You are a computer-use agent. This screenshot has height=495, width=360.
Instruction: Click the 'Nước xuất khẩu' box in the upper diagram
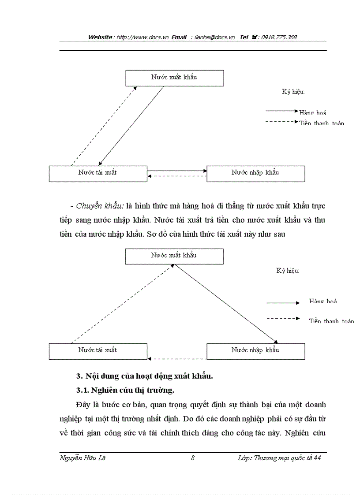click(x=174, y=78)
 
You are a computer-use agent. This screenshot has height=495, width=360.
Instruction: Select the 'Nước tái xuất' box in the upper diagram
click(x=97, y=173)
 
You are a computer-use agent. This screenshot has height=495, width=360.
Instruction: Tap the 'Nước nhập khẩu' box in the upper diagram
click(x=255, y=173)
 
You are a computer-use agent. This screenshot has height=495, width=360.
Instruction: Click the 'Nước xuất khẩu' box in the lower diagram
click(x=174, y=256)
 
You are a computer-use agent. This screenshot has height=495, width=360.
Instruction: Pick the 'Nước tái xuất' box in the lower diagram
click(x=97, y=350)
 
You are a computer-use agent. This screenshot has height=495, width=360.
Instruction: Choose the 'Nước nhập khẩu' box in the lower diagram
click(x=255, y=350)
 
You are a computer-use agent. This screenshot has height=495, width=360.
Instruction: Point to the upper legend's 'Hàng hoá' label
click(x=313, y=113)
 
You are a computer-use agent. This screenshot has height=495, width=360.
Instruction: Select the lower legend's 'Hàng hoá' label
click(x=323, y=301)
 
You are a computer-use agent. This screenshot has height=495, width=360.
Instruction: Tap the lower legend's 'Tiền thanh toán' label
click(x=331, y=321)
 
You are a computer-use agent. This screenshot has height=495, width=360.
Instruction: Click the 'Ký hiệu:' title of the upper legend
click(x=293, y=92)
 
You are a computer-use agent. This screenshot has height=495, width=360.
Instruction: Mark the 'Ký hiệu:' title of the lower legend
click(x=288, y=271)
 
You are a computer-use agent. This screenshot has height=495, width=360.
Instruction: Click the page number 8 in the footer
click(x=193, y=458)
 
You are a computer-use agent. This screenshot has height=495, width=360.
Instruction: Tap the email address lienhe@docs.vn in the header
click(x=215, y=37)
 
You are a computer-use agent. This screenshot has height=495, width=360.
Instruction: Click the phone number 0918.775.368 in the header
click(x=279, y=37)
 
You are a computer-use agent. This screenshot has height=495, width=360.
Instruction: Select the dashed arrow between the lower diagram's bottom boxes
click(x=176, y=358)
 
